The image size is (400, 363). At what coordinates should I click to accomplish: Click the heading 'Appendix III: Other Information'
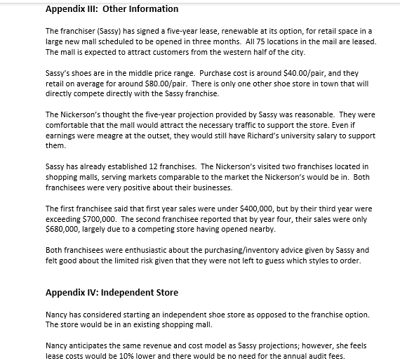(112, 9)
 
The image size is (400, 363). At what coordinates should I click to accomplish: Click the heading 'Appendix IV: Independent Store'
(112, 292)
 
